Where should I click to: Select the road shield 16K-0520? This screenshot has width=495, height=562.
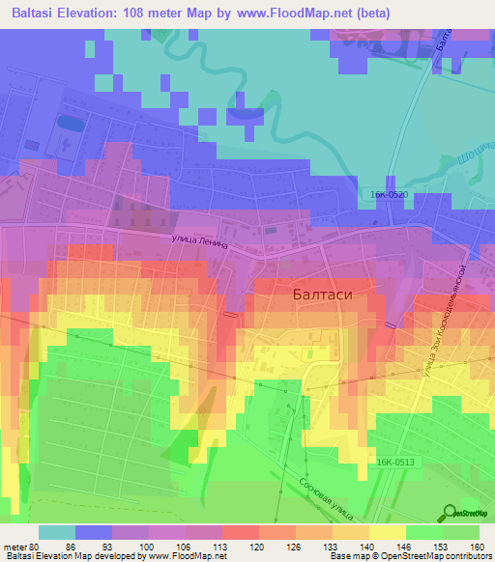pyautogui.click(x=388, y=195)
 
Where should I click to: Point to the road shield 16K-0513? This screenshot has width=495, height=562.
pyautogui.click(x=395, y=463)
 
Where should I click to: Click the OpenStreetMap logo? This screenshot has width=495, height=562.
pyautogui.click(x=468, y=513)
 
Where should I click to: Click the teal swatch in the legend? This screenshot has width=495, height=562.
pyautogui.click(x=57, y=532)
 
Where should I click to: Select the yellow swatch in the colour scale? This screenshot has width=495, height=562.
pyautogui.click(x=388, y=532)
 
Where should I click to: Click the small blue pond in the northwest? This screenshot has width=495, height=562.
pyautogui.click(x=69, y=124)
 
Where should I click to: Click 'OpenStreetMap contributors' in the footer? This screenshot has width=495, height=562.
pyautogui.click(x=437, y=556)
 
